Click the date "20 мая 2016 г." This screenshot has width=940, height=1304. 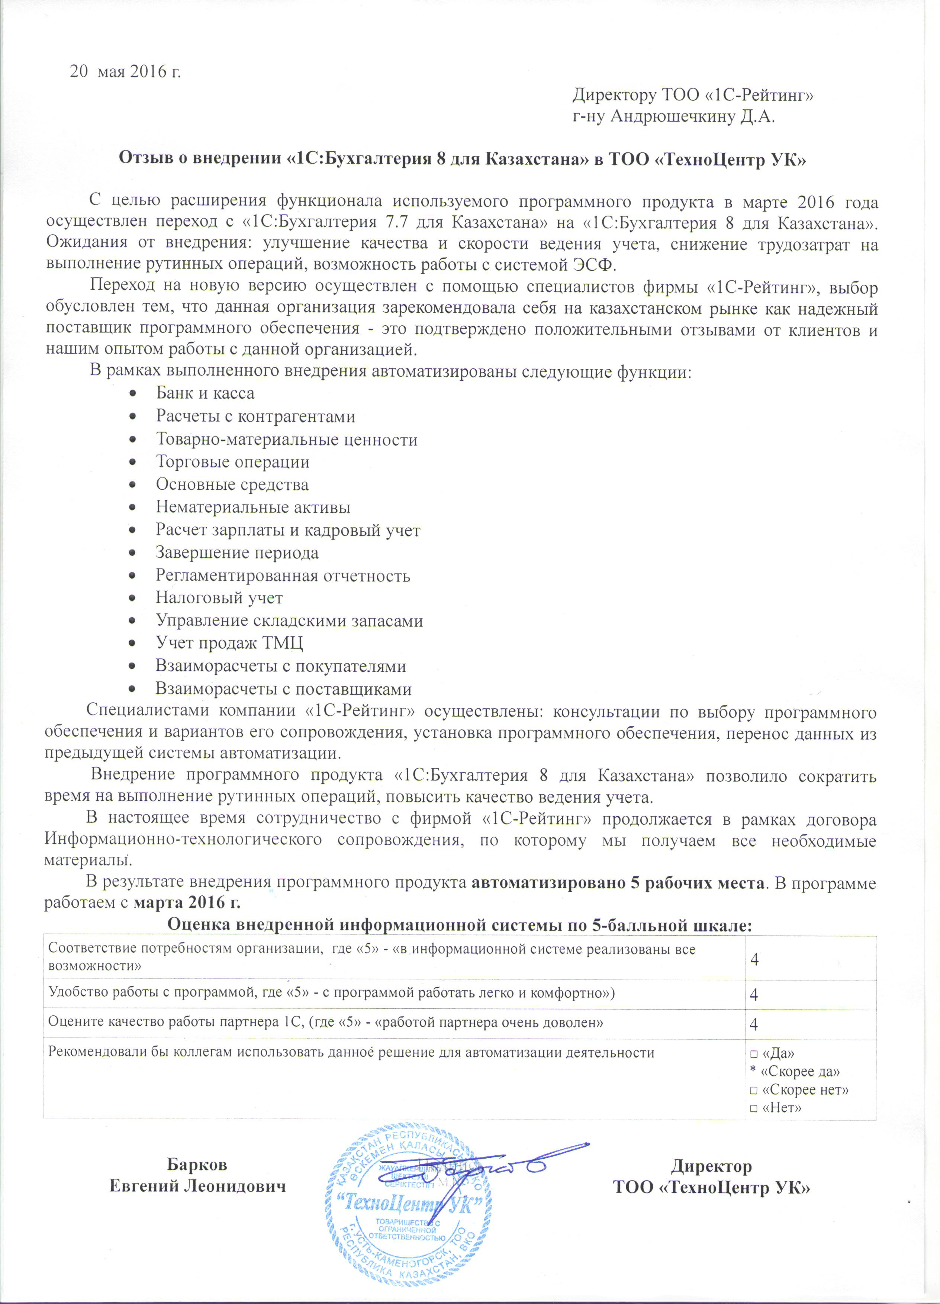tap(125, 72)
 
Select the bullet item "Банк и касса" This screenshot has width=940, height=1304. tap(205, 393)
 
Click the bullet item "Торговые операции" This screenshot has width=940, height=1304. tap(232, 462)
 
